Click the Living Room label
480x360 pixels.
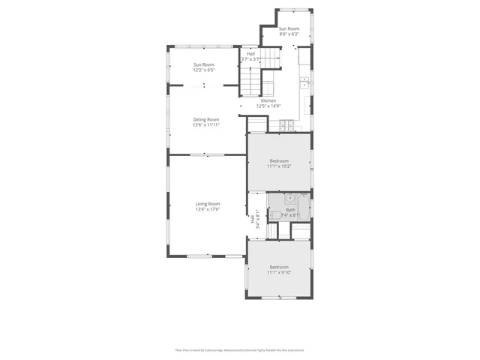pos(208,204)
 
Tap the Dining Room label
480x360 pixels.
pos(206,119)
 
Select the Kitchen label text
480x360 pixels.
pos(268,100)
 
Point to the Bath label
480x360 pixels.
pos(290,210)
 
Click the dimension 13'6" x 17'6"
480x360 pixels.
pos(208,209)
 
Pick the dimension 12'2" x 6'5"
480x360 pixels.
pos(205,70)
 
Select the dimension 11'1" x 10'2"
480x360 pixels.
pos(279,166)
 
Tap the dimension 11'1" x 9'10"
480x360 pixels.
pos(279,273)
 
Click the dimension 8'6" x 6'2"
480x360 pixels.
pos(289,34)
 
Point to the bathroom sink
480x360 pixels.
pos(288,199)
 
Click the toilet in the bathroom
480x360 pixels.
pos(275,216)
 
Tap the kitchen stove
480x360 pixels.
pos(285,125)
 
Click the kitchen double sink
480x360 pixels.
pos(304,82)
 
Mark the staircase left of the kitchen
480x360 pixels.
pos(250,79)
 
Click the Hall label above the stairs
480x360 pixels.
pos(250,54)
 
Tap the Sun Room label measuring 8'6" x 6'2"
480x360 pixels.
pos(289,29)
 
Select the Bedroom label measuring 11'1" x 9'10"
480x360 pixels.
pos(279,268)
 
